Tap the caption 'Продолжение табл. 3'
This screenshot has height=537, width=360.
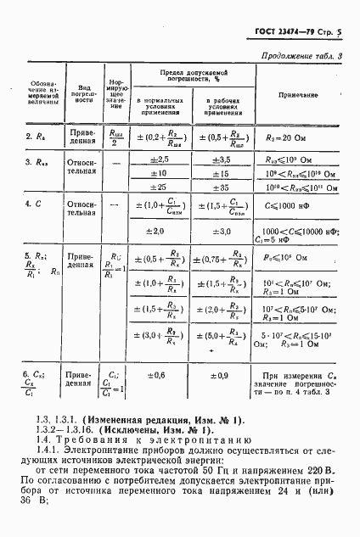click(300, 57)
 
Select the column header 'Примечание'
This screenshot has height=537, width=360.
click(298, 93)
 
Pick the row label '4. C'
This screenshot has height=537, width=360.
click(35, 204)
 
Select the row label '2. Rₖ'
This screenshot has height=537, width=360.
click(35, 136)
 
